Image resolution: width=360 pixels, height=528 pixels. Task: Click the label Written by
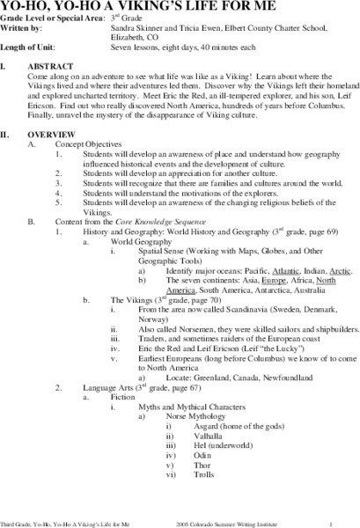pyautogui.click(x=21, y=29)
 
